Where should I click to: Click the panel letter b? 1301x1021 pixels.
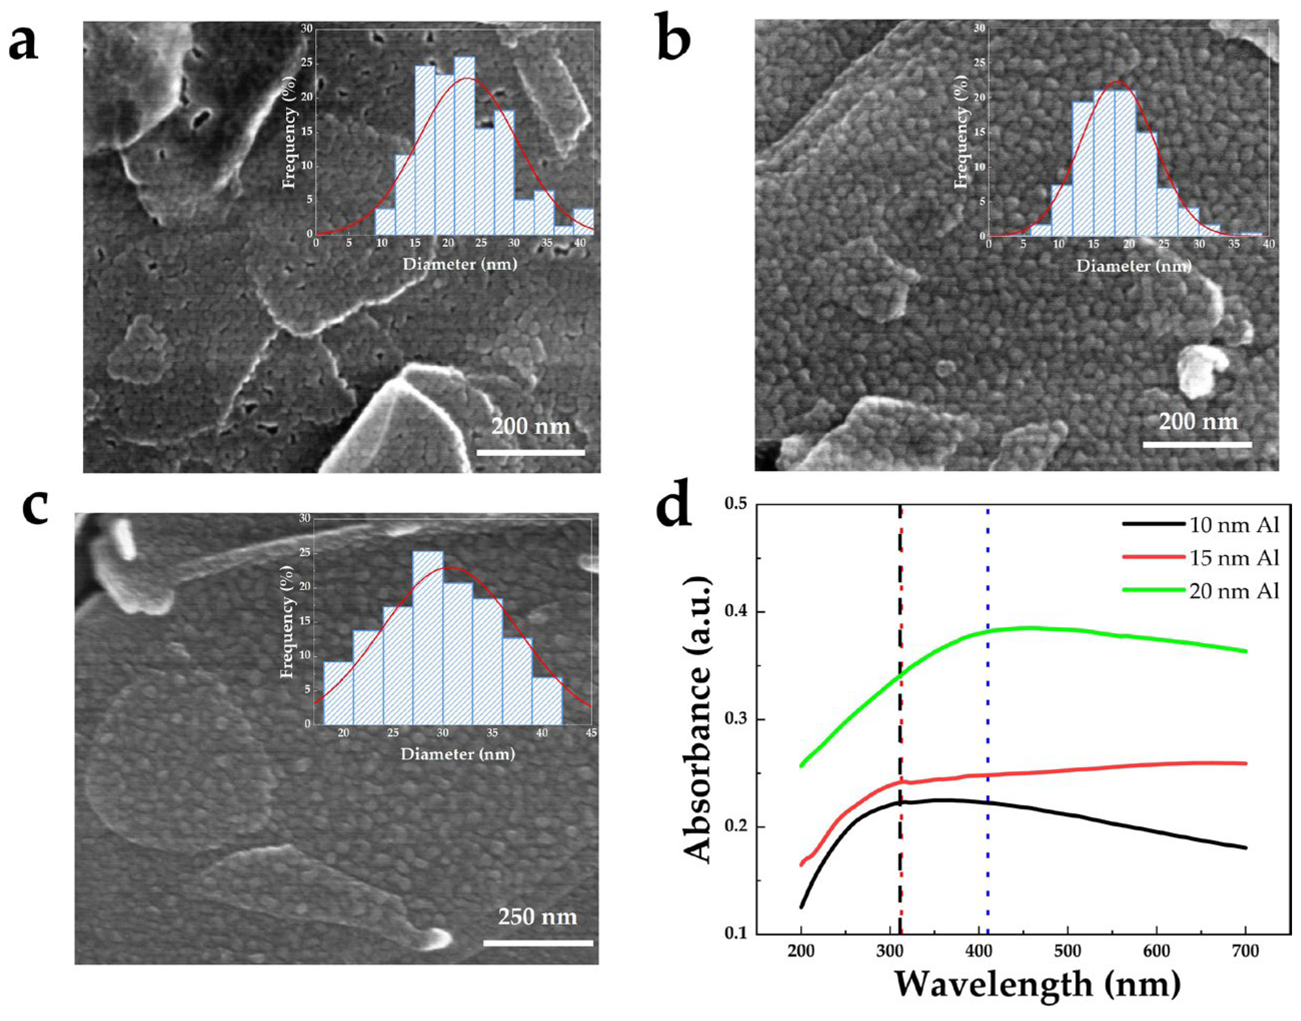(674, 40)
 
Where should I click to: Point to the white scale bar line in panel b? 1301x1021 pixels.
(1197, 445)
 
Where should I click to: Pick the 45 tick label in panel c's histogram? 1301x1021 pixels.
(591, 733)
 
